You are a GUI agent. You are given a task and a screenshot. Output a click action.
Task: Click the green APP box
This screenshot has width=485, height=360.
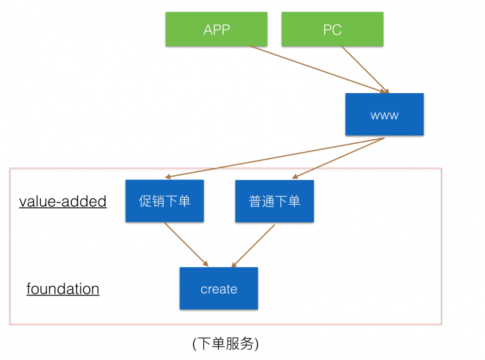click(x=216, y=30)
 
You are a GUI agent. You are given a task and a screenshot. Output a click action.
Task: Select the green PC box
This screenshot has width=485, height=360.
click(x=332, y=30)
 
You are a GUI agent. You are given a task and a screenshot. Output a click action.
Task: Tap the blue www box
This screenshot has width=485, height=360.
click(x=384, y=115)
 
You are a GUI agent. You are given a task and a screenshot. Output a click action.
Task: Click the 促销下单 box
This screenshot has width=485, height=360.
click(x=164, y=201)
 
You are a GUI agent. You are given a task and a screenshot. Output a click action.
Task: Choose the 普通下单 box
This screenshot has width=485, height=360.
click(x=275, y=201)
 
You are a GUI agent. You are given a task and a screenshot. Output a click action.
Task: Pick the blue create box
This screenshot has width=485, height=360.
click(x=219, y=288)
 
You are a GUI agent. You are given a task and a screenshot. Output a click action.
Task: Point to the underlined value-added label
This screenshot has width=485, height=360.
click(x=63, y=201)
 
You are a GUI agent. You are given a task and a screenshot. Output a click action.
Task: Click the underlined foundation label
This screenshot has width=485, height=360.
click(x=63, y=289)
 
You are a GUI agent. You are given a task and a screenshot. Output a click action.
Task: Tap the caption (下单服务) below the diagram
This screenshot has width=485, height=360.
click(x=226, y=344)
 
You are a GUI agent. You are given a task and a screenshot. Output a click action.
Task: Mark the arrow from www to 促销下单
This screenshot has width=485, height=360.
click(x=274, y=158)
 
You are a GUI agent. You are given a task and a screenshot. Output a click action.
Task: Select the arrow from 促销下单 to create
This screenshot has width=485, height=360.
click(x=186, y=245)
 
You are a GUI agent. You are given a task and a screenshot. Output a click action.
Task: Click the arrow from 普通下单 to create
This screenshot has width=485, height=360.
click(x=253, y=245)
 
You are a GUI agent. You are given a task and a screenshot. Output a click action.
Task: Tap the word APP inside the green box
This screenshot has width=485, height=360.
click(x=216, y=30)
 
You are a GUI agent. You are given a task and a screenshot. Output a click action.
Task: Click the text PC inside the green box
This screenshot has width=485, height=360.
click(x=332, y=30)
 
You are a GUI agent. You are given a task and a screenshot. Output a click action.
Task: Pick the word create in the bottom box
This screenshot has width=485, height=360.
click(x=219, y=289)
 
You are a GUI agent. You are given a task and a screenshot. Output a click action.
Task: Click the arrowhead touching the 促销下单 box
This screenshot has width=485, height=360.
click(x=168, y=178)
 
